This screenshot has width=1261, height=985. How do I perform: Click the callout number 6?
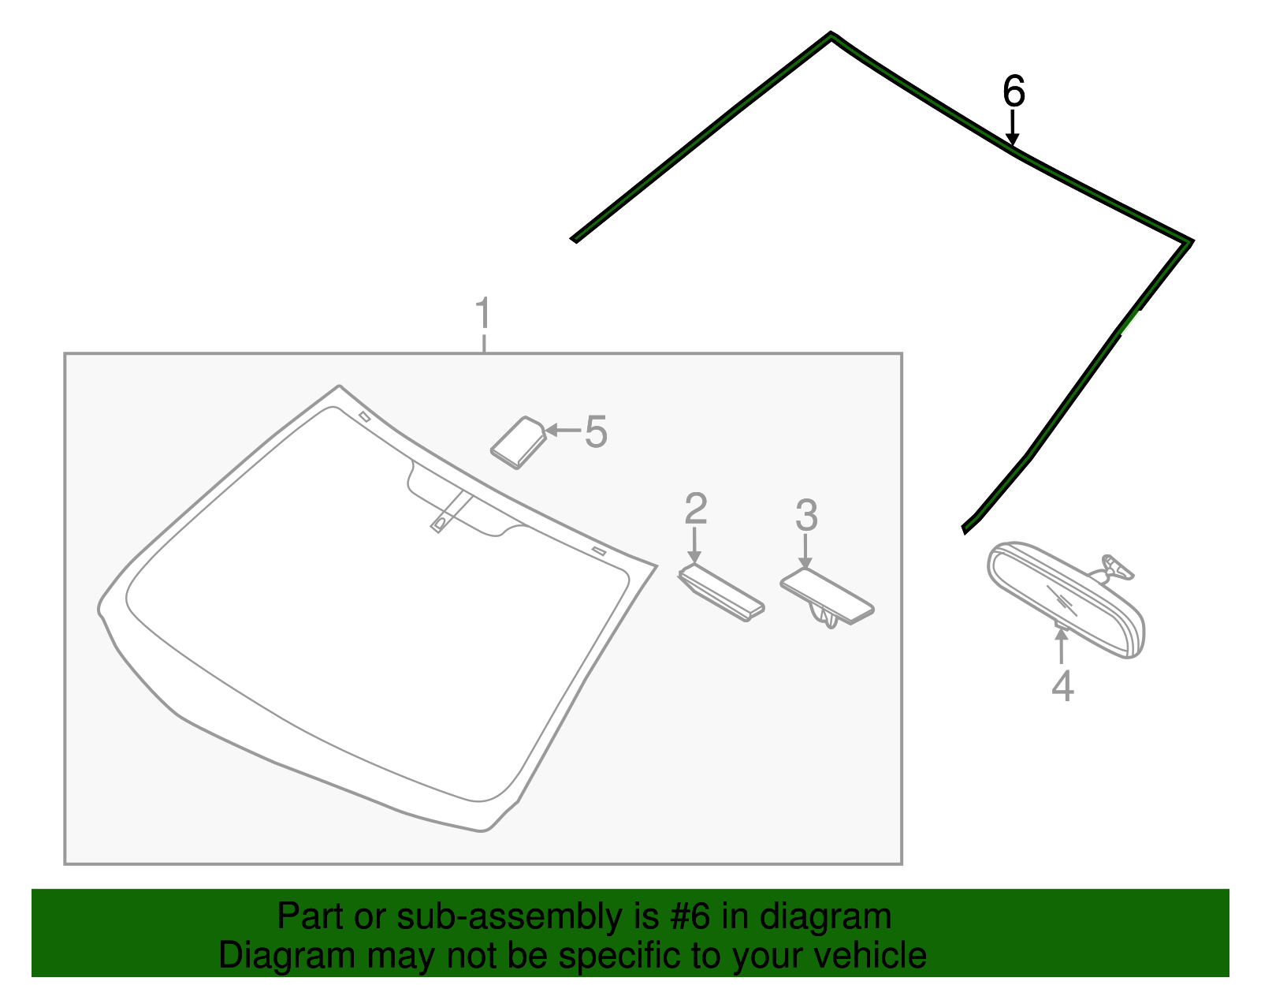[x=1014, y=91]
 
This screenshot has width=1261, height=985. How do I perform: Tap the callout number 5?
[x=596, y=432]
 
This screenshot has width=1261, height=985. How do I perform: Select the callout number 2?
[x=696, y=509]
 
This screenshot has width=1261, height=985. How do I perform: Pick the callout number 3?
[x=806, y=516]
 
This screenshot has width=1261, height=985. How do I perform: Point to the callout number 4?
[x=1062, y=686]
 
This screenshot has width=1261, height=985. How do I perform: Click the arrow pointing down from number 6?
[x=1012, y=128]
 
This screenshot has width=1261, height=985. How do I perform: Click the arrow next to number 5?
[x=563, y=430]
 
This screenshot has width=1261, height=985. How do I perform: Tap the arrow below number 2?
[x=694, y=545]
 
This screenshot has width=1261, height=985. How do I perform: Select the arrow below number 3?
[x=805, y=551]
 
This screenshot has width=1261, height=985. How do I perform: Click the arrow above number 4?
[x=1061, y=645]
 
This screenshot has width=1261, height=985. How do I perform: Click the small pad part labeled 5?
[x=519, y=442]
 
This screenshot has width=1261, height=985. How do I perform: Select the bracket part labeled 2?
[x=721, y=592]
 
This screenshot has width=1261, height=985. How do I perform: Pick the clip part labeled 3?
[x=827, y=597]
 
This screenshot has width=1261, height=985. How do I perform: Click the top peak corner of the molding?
[x=831, y=35]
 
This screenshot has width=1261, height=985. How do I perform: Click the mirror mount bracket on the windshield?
[x=448, y=511]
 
